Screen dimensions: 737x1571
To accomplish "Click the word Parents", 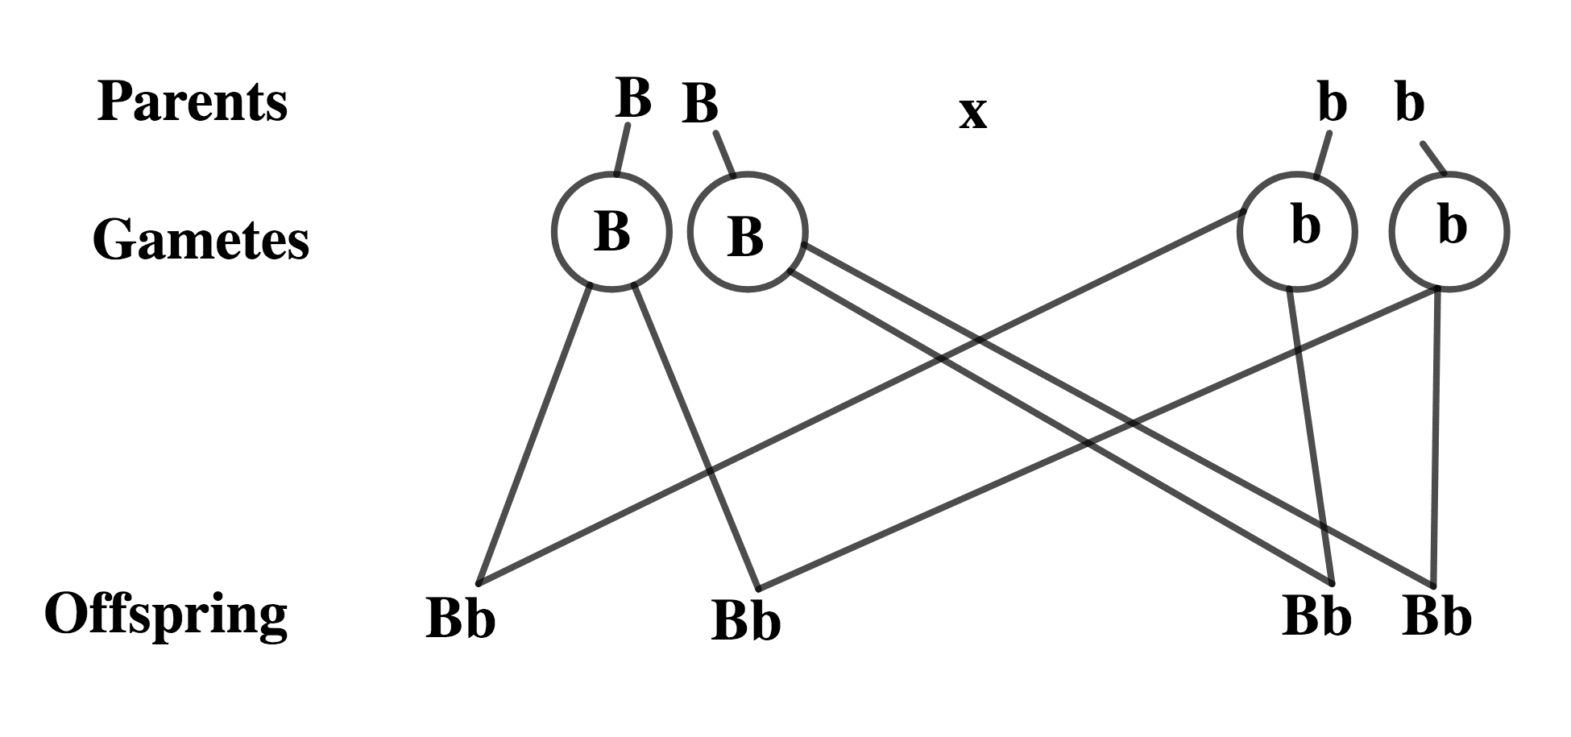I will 192,102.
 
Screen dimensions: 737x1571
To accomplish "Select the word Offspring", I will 166,615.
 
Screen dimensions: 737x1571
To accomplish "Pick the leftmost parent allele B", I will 633,98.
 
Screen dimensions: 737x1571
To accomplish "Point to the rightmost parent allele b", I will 1410,104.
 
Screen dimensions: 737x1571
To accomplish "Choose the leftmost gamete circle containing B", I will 611,231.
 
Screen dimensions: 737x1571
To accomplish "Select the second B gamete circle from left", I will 747,232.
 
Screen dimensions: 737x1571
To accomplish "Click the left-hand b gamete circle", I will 1297,231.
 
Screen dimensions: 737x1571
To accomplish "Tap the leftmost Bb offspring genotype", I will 460,619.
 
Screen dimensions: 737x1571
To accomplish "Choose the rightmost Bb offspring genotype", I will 1436,616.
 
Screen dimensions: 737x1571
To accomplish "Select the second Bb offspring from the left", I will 746,621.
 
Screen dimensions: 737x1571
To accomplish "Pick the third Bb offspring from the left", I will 1316,616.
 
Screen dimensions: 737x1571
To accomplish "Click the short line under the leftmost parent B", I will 622,150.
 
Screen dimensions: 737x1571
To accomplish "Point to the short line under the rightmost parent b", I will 1433,157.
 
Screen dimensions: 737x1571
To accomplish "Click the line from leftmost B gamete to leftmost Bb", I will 535,435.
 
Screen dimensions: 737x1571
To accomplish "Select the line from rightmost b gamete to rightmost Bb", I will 1436,435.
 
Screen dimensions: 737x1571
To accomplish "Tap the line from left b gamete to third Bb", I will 1311,435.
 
